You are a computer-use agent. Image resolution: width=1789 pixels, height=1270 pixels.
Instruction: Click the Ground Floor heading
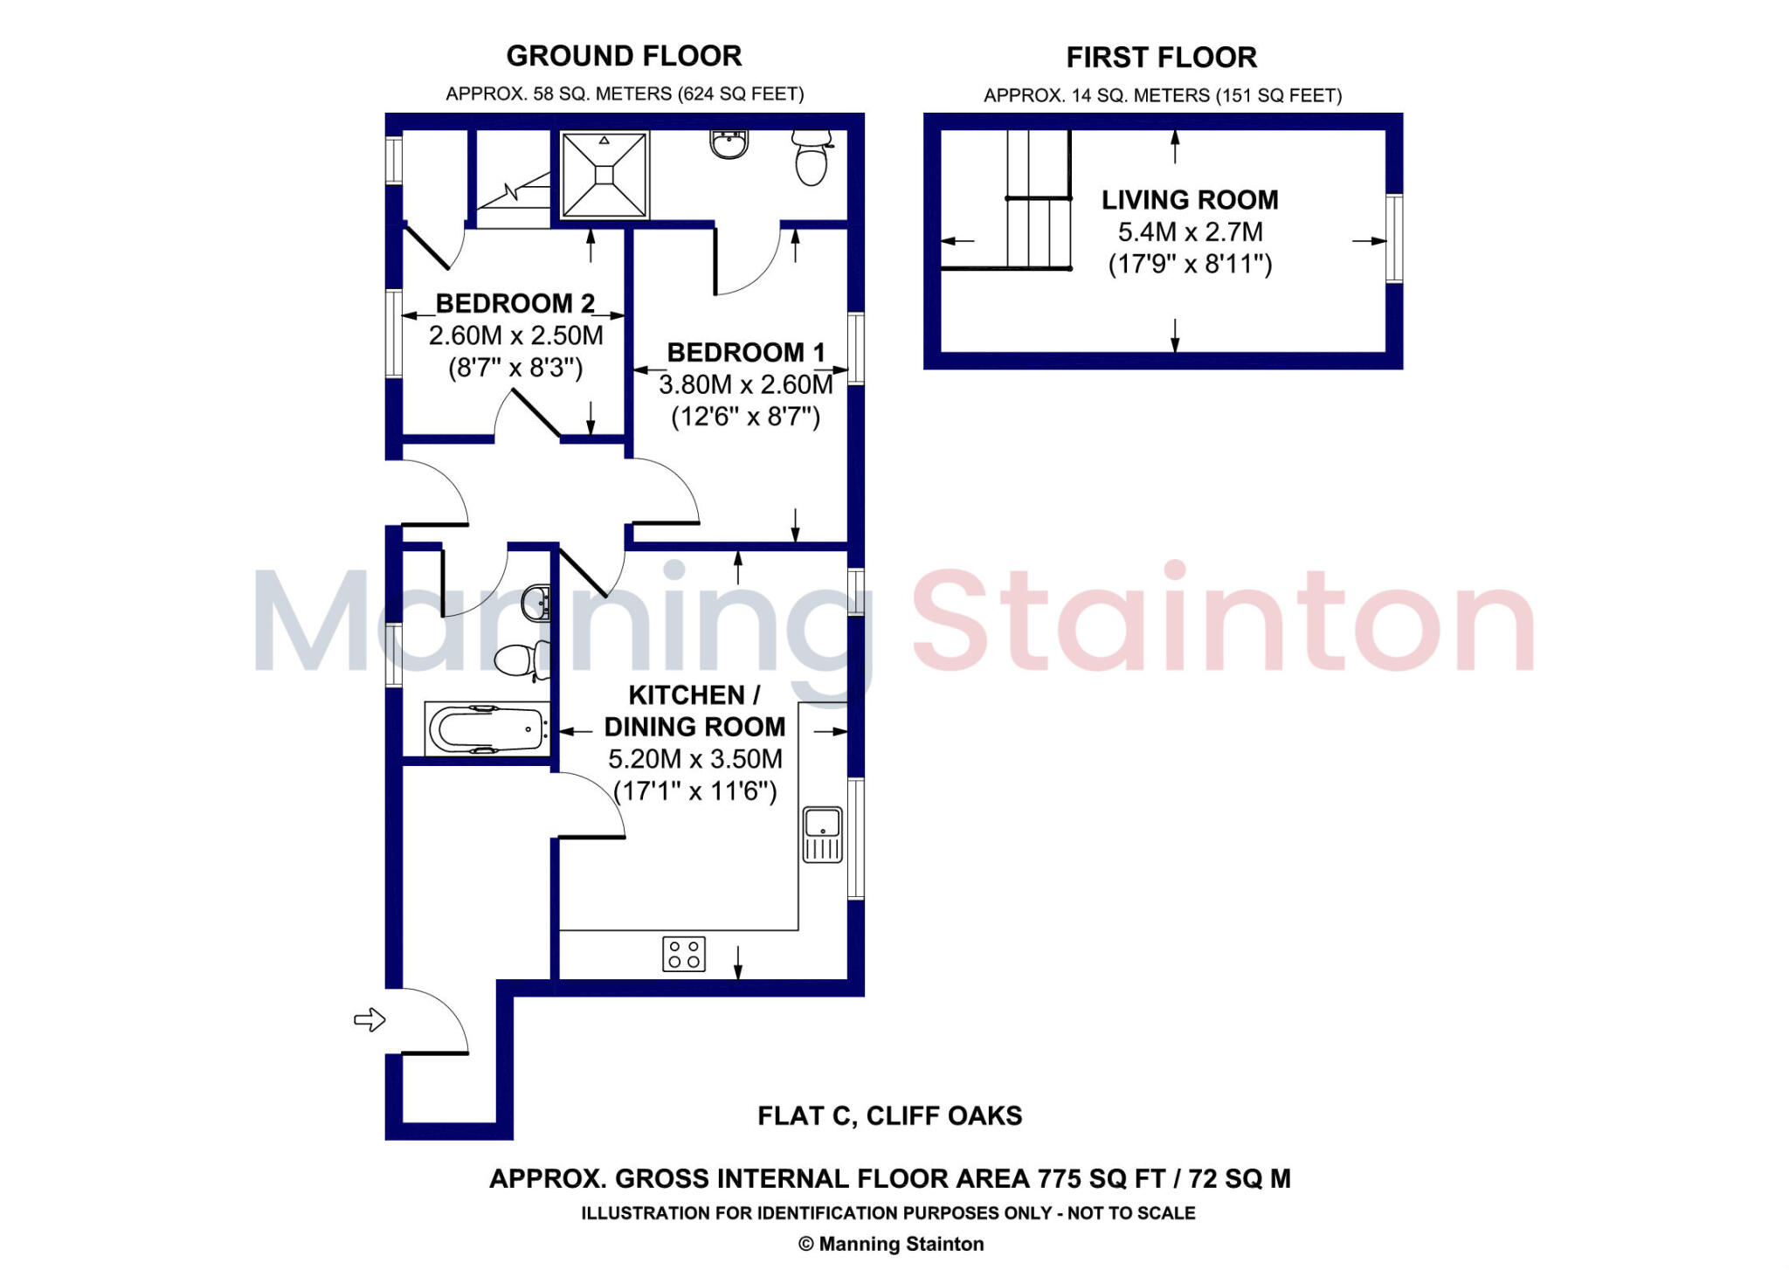(624, 56)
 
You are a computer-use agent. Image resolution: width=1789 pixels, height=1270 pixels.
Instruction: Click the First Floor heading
(1161, 58)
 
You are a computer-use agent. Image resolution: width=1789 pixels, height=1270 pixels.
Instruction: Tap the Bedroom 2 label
(515, 303)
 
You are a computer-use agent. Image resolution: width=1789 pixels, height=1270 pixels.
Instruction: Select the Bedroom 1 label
(745, 352)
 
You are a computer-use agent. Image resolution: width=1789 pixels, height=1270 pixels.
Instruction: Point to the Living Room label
(1190, 200)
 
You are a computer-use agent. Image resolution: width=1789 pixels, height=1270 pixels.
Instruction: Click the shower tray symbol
(604, 175)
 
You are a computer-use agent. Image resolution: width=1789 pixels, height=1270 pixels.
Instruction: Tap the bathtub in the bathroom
(487, 728)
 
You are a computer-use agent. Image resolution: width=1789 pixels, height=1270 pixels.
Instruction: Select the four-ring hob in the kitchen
(684, 954)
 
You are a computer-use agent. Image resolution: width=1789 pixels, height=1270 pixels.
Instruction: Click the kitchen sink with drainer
(822, 835)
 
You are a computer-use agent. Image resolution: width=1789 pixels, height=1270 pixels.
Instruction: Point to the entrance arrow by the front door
(370, 1019)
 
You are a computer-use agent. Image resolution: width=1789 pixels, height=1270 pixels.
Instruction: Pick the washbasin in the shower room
(729, 144)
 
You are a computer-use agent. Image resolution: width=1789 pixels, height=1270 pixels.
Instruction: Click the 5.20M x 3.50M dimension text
(694, 759)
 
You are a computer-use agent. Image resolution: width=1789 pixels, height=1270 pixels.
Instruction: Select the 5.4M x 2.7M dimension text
(1190, 232)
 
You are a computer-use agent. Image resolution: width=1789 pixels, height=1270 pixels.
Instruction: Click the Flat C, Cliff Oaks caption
(889, 1116)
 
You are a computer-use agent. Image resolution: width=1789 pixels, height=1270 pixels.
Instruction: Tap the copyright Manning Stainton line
(891, 1244)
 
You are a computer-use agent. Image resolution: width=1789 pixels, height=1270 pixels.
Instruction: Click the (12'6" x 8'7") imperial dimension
(745, 417)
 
